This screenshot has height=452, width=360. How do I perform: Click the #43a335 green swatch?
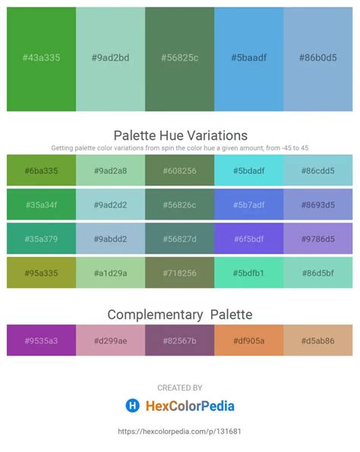pos(41,58)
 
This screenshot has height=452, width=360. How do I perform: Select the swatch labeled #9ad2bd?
pos(110,58)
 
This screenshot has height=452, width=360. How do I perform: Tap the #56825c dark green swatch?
pos(179,58)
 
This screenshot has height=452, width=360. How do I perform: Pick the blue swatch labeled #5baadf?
pos(248,58)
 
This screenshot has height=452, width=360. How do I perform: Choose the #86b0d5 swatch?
pos(318,58)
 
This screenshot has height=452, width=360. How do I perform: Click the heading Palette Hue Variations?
pos(180,135)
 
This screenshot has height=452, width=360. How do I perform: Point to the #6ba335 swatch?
pos(41,171)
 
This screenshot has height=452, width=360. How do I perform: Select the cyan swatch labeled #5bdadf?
pos(248,171)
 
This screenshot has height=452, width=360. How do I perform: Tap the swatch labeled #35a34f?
pos(41,205)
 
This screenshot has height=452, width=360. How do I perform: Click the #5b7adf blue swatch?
pos(248,205)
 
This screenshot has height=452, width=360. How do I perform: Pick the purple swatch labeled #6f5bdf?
pos(248,239)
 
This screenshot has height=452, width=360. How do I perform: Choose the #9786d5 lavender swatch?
pos(318,239)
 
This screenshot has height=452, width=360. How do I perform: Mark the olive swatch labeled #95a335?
pos(41,273)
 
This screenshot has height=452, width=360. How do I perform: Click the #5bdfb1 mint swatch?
pos(248,273)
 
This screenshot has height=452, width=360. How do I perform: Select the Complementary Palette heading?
pos(180,314)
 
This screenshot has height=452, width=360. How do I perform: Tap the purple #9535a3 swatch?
pos(41,340)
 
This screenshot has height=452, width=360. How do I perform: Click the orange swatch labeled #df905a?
pos(248,340)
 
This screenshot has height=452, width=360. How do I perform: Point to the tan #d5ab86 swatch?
pos(318,340)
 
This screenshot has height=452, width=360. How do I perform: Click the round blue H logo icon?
pos(132,406)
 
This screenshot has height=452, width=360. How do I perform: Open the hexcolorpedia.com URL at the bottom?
pos(180,431)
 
